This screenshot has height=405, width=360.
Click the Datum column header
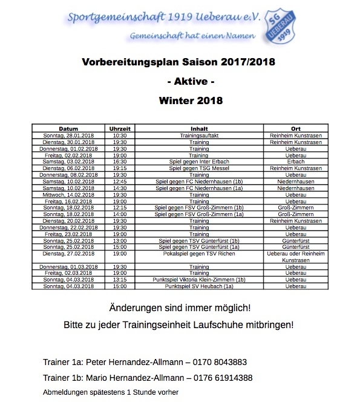coord(69,129)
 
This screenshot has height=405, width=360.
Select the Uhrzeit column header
coord(120,129)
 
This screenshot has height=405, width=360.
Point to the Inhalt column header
coord(199,129)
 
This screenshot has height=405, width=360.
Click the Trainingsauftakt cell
coord(199,136)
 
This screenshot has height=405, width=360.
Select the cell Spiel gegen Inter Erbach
coord(199,162)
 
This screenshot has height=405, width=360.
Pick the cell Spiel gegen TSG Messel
coord(199,168)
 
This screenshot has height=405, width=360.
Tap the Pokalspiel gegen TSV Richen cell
coord(199,254)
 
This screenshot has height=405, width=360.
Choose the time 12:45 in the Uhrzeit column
coord(120,180)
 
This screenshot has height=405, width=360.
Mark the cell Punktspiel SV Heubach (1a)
coord(199,286)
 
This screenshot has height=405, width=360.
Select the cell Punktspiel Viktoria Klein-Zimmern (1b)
coord(199,280)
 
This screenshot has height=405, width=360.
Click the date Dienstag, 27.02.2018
coord(69,254)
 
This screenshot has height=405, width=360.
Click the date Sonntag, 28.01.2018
coord(69,136)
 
